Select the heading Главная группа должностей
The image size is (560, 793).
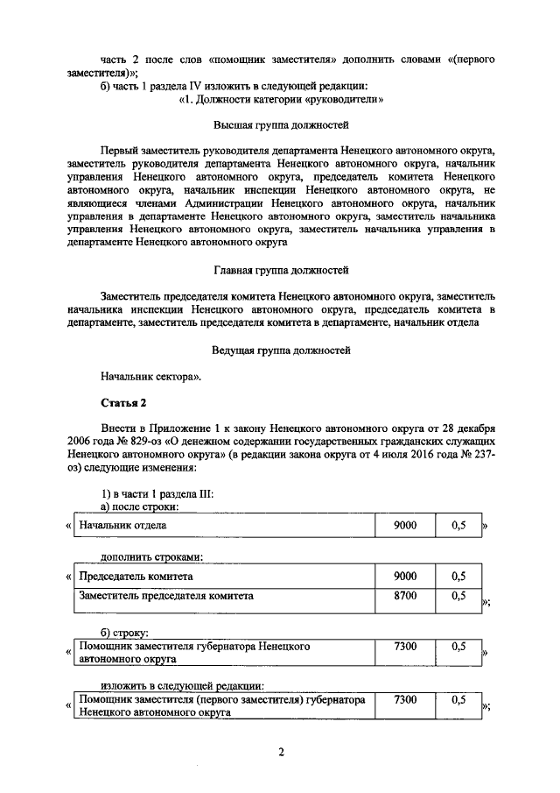(x=281, y=272)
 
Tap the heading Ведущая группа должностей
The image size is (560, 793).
(x=281, y=350)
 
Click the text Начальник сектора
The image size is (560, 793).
(x=150, y=377)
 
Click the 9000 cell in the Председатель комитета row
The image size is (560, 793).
(x=405, y=577)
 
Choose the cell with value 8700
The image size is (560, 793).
(x=405, y=596)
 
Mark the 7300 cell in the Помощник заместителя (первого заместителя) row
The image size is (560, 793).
(x=405, y=700)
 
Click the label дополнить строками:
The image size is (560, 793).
(x=151, y=556)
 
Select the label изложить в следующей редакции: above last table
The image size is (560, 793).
(x=182, y=685)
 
